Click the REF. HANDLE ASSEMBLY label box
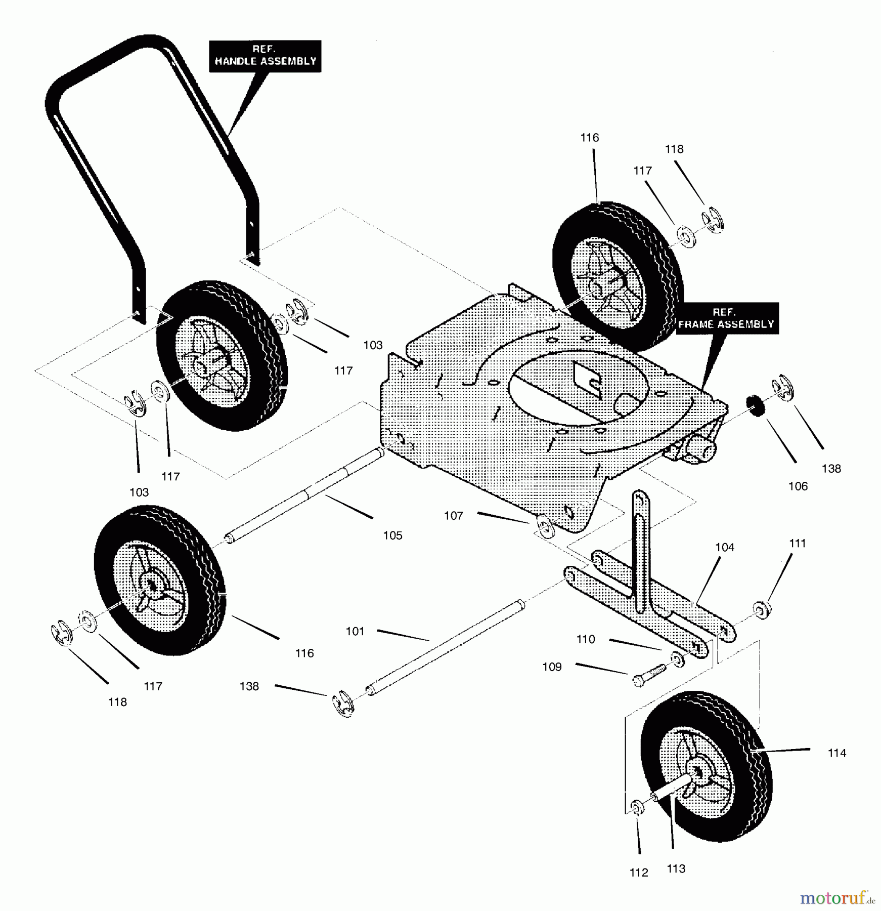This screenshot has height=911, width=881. tap(265, 56)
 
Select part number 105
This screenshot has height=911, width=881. tap(392, 535)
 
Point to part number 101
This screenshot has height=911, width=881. tap(355, 631)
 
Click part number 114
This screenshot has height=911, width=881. tap(836, 753)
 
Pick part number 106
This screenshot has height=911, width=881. tap(798, 486)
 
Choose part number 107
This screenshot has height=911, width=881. tap(454, 516)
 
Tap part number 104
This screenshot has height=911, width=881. tap(725, 547)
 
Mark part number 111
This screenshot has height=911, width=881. tap(797, 543)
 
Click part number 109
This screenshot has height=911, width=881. tap(552, 667)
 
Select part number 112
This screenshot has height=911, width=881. tap(639, 873)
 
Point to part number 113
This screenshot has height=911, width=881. tap(676, 868)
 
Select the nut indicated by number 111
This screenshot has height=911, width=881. tap(761, 610)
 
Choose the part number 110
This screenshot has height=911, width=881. tap(586, 639)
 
